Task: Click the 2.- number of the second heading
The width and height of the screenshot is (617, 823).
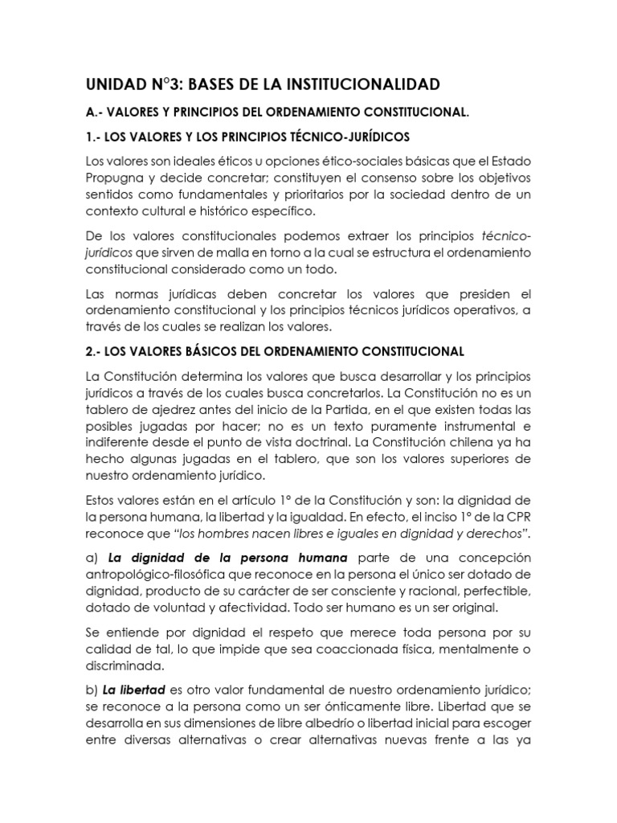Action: (93, 351)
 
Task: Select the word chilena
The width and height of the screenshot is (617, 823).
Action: (477, 440)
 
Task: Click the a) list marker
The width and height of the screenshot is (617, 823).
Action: (91, 558)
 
